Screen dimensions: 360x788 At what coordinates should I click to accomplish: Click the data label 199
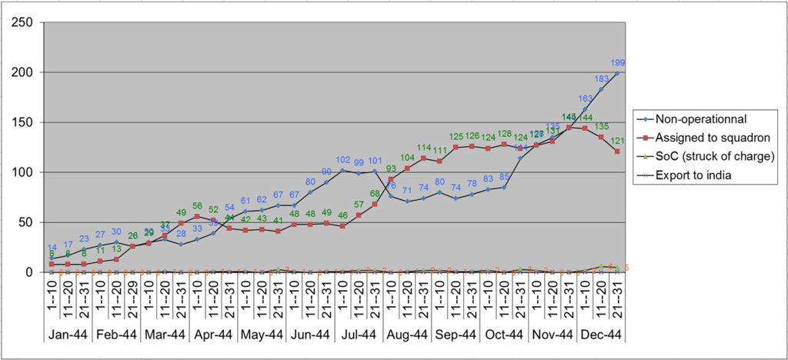[617, 62]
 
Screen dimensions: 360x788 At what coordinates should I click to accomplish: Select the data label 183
[600, 78]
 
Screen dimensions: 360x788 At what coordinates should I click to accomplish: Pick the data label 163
[586, 98]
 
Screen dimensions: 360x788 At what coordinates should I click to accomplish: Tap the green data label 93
[392, 169]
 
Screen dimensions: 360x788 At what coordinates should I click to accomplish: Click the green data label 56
[197, 206]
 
